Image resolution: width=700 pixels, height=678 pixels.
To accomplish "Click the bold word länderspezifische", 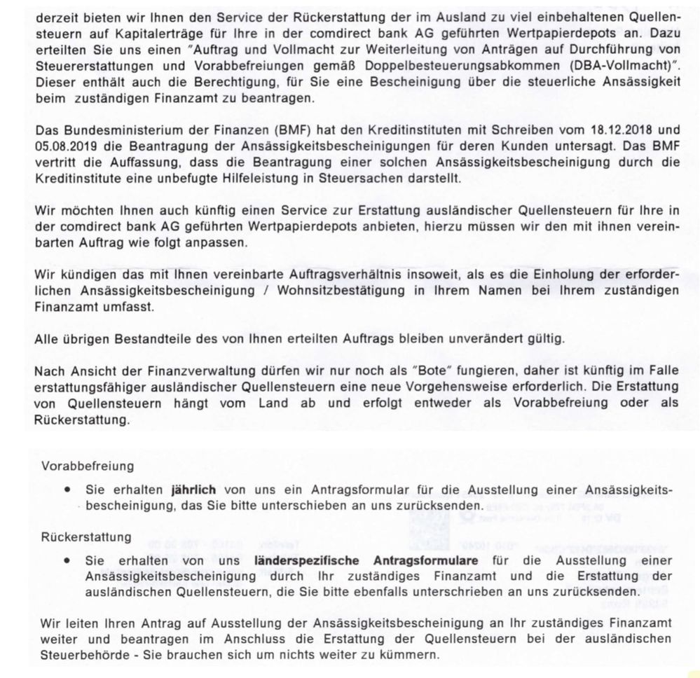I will [x=299, y=562].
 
